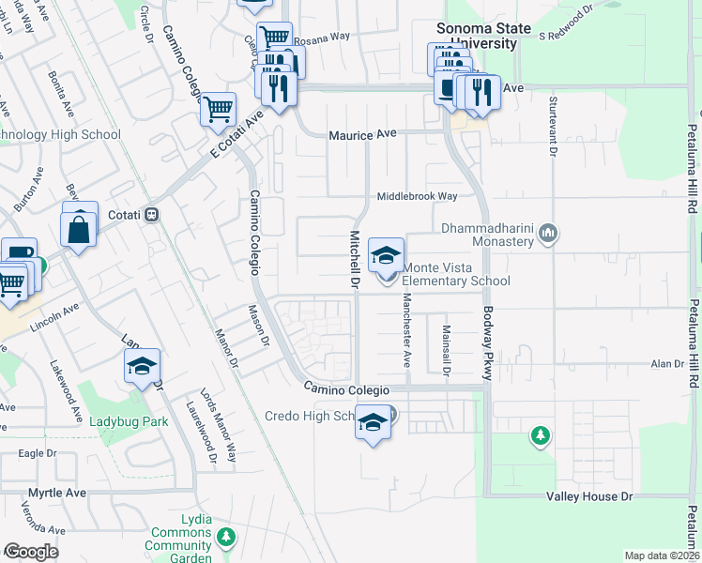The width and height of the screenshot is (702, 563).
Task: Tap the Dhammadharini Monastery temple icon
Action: point(549,232)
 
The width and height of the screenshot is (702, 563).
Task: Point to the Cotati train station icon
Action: point(150,215)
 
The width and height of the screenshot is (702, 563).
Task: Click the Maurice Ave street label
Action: point(361,135)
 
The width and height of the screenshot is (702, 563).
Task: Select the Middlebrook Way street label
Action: point(417,197)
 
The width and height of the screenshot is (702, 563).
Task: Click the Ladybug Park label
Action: point(129,421)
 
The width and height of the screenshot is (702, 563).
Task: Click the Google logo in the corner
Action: point(31,551)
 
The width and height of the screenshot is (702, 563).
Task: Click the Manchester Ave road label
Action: point(406,329)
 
